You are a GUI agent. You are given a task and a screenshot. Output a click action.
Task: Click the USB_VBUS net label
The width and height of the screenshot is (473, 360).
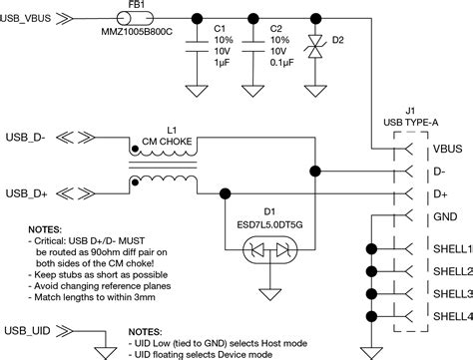35,17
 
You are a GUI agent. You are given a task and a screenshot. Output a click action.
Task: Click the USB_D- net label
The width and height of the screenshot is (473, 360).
30,136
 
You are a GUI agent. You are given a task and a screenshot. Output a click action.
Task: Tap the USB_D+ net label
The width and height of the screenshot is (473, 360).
30,191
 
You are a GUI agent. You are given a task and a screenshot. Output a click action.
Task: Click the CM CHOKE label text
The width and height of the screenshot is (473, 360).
163,141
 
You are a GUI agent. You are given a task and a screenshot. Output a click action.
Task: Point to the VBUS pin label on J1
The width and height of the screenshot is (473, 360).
446,149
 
